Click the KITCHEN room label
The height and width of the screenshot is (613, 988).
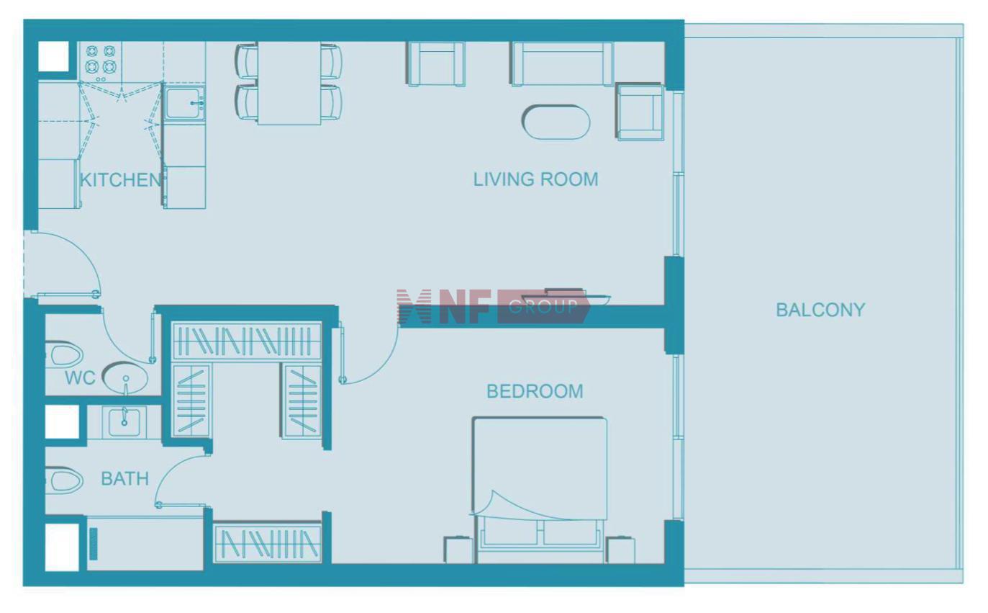point(120,180)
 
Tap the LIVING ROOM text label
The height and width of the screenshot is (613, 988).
point(535,179)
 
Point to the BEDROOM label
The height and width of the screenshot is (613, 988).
point(535,391)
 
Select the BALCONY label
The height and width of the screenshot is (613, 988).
point(820,310)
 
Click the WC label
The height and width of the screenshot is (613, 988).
point(80,378)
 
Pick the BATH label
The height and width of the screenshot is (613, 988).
point(124,479)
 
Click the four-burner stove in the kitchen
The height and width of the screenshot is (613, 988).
point(101,62)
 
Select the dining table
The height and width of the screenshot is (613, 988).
point(289,83)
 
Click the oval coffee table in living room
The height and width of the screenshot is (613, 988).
point(556,122)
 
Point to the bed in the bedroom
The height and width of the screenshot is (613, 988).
point(540,490)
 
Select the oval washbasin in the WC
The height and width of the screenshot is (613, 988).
point(125,378)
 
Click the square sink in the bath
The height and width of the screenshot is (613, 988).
point(124,423)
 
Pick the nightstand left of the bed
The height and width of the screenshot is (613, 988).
point(458,550)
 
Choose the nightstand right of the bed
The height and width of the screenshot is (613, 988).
point(620,550)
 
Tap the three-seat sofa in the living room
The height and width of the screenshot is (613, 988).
point(563,63)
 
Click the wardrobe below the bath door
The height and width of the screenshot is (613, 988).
point(268,543)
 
